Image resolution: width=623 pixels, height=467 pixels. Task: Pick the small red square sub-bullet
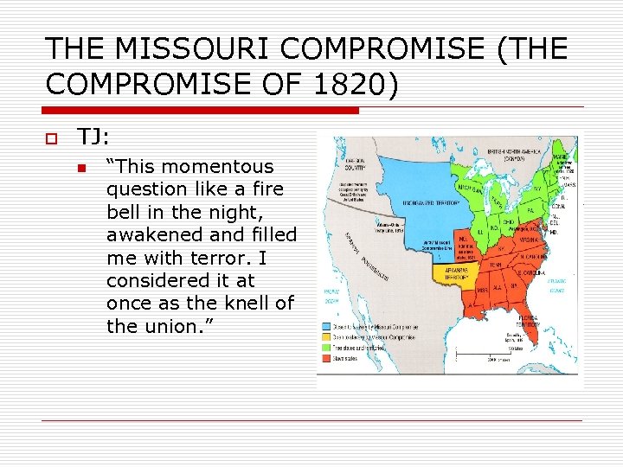[x=82, y=168]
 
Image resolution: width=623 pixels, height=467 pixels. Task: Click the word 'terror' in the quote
[x=232, y=257]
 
